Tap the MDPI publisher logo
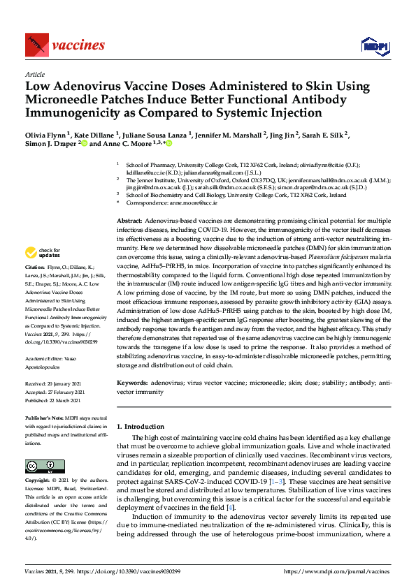[x=374, y=46]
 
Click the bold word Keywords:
[x=133, y=383]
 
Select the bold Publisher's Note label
[x=48, y=418]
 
